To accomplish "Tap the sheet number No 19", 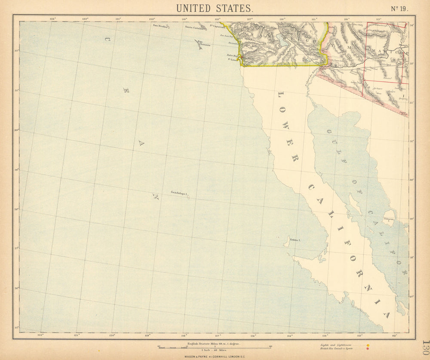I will (x=399, y=8).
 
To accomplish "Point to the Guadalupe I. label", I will (x=180, y=193).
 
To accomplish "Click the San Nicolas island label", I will (x=159, y=26).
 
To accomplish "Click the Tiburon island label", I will (x=389, y=219).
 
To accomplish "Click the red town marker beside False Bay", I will (x=241, y=56).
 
